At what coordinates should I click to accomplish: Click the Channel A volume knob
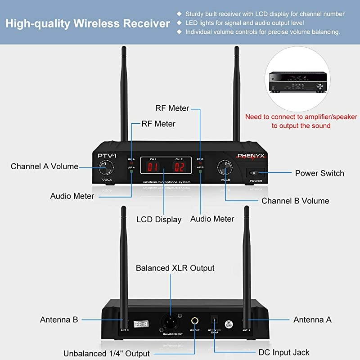pos(108,168)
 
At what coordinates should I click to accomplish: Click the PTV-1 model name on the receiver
pos(107,156)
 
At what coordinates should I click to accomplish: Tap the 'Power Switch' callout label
pos(319,173)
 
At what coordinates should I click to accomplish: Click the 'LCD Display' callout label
pos(159,220)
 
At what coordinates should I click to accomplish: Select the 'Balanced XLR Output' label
pos(175,268)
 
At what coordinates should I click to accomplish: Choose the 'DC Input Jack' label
pos(284,352)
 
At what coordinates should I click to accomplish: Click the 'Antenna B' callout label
pos(59,319)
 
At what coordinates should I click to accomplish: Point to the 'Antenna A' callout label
pos(312,319)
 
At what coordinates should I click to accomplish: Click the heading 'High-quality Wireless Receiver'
pos(88,23)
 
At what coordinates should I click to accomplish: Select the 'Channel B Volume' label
pos(295,201)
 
